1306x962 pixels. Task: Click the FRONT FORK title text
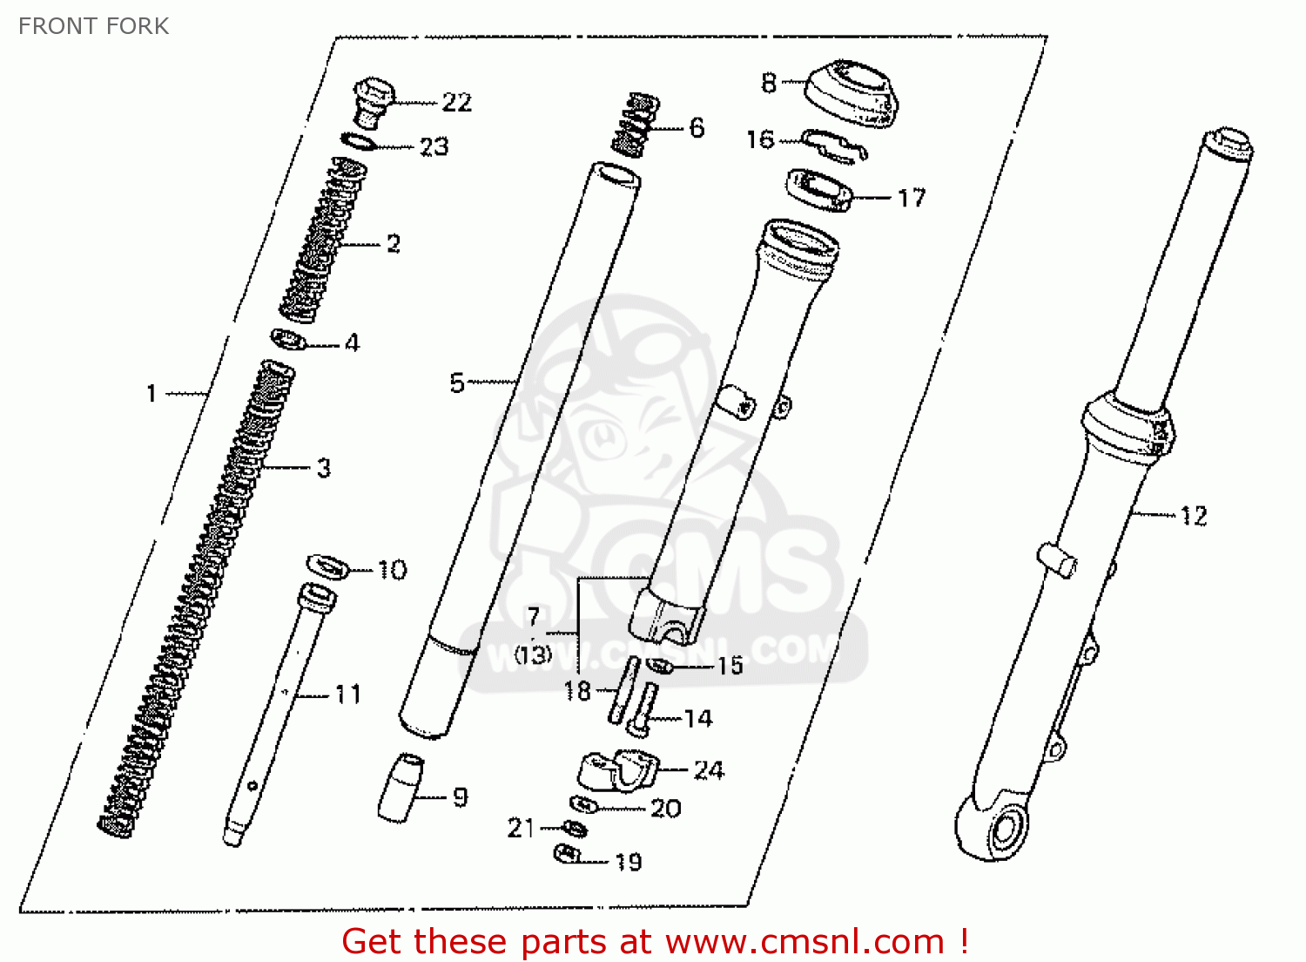(x=94, y=26)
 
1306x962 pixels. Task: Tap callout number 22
(x=456, y=103)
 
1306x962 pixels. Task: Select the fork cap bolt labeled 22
(x=374, y=102)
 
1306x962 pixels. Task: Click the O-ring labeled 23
(x=359, y=141)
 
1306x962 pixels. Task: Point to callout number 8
(x=769, y=83)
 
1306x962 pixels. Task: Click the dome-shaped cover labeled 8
(x=852, y=92)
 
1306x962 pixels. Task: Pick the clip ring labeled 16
(x=834, y=146)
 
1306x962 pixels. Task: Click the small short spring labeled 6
(x=636, y=125)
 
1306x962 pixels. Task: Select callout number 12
(x=1194, y=517)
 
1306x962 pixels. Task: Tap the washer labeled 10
(x=327, y=566)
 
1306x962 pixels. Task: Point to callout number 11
(x=348, y=694)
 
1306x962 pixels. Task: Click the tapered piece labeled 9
(x=401, y=788)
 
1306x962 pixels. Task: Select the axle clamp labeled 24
(x=618, y=770)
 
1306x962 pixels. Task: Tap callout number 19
(x=629, y=862)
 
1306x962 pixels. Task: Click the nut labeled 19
(x=567, y=855)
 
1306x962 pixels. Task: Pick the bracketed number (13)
(x=532, y=656)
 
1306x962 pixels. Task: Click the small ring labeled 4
(x=288, y=339)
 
